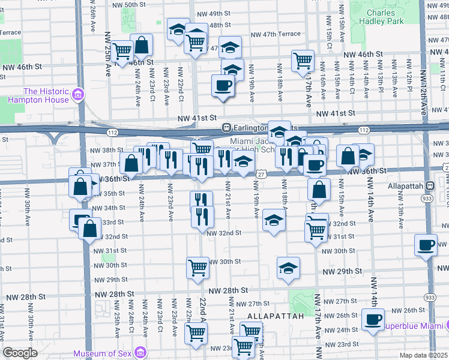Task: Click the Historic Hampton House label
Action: point(38,95)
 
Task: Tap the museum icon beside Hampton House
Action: point(77,95)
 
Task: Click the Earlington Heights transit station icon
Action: point(227,128)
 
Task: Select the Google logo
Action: point(20,352)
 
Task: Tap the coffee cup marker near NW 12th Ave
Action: point(426,245)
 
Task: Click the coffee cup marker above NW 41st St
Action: point(223,86)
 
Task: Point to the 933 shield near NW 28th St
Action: point(430,297)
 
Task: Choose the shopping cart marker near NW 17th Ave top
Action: point(303,61)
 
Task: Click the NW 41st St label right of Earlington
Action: point(336,113)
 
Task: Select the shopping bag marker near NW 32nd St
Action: point(89,229)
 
